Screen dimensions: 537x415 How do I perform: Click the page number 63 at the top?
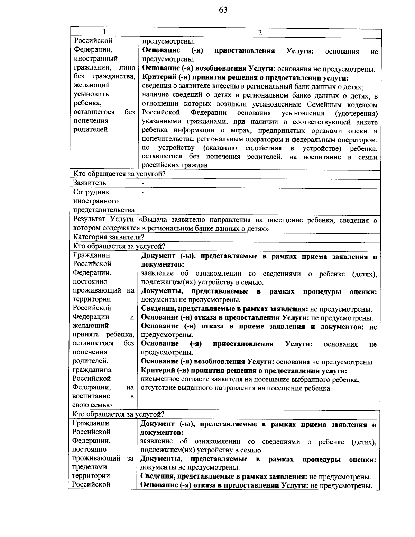tap(223, 10)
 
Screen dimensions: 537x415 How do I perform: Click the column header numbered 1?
tap(104, 32)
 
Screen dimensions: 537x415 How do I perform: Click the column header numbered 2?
tap(260, 33)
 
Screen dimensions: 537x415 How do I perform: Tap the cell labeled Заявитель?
tap(90, 183)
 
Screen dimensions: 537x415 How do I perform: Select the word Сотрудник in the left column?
tap(91, 192)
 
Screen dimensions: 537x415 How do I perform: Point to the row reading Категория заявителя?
tap(108, 237)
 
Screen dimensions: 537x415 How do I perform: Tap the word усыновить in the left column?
tap(91, 94)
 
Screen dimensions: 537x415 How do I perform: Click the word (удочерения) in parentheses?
tap(356, 113)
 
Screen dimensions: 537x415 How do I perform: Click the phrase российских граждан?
tap(175, 165)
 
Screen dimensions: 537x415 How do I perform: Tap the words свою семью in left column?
tap(92, 405)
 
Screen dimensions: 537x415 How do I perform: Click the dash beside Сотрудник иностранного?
tap(143, 192)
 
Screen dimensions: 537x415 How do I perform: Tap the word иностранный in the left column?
tap(95, 58)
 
